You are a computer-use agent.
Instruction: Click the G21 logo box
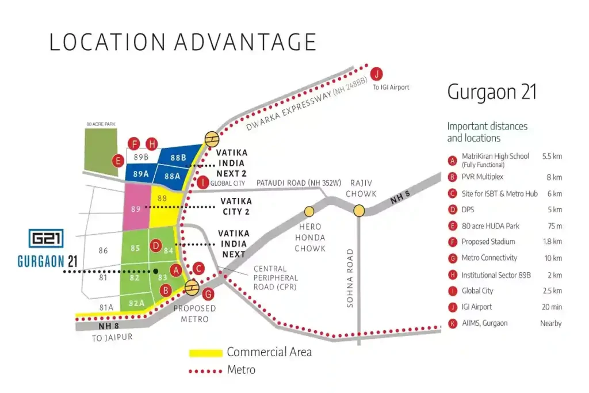coord(46,239)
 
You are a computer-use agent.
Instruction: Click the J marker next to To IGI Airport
coord(376,74)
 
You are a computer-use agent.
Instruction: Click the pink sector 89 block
coord(137,208)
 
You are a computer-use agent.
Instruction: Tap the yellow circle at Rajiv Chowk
coord(359,211)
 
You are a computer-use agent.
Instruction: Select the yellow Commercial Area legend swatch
coord(205,352)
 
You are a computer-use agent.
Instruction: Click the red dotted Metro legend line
coord(205,371)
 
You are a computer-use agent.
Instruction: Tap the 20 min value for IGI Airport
coord(552,307)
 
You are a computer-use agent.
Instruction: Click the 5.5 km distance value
coord(552,156)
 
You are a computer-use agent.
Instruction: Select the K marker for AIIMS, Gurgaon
coord(453,323)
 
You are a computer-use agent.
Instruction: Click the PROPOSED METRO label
coord(194,314)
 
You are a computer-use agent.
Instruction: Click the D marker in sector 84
coord(155,246)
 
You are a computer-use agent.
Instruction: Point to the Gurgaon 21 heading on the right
coord(492,93)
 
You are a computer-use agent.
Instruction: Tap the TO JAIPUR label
coord(112,337)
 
